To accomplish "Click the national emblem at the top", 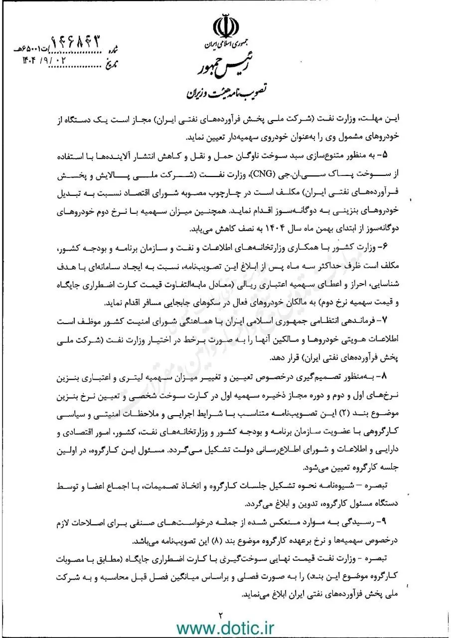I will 226,26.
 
